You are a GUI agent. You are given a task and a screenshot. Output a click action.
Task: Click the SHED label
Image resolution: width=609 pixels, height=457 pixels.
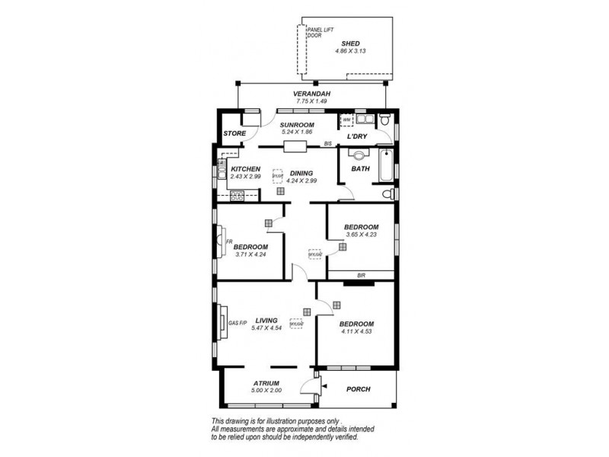coord(351,43)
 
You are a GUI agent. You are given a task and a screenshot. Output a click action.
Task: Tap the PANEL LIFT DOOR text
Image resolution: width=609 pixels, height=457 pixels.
coord(319,33)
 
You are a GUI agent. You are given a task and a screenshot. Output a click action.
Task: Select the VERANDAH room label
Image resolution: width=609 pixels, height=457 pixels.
coord(313,93)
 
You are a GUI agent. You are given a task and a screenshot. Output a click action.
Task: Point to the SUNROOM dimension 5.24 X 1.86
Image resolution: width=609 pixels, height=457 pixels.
coord(296,133)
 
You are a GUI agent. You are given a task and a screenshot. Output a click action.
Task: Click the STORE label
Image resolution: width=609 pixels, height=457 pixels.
coord(234,134)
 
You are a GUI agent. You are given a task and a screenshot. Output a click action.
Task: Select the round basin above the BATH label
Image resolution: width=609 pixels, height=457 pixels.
coord(359,155)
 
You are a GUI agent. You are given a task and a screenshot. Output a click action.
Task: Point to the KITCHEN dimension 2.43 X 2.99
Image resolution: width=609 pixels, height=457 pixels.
coord(246,177)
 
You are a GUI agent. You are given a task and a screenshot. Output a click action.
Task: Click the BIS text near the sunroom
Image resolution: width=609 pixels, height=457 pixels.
coord(329,144)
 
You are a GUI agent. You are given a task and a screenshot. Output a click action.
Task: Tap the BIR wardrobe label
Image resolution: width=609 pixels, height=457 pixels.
coord(361,275)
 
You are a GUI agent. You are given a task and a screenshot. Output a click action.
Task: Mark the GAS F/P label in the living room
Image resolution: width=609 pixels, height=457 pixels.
coord(238,323)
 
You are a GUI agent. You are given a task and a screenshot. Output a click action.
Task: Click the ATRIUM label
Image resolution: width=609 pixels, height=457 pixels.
coord(266,383)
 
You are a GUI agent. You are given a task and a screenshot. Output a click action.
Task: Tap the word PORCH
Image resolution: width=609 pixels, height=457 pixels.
coord(359,389)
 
